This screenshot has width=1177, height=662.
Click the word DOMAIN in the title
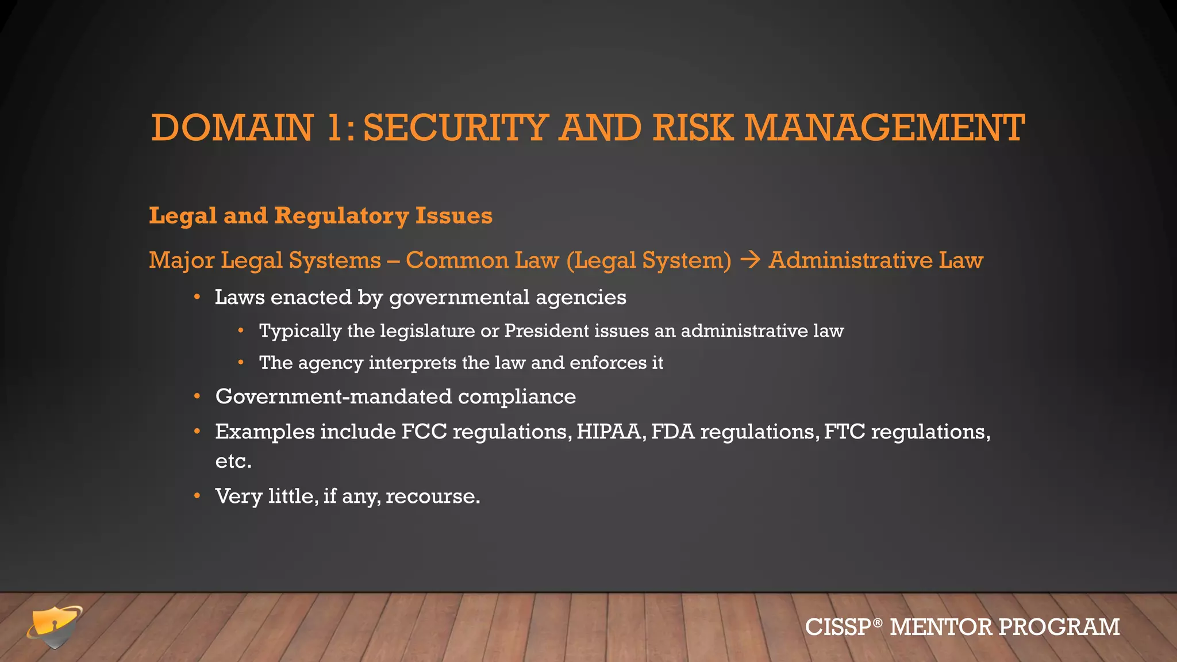pyautogui.click(x=232, y=128)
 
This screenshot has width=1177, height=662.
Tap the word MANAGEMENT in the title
pyautogui.click(x=884, y=128)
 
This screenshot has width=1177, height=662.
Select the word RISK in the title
pyautogui.click(x=693, y=128)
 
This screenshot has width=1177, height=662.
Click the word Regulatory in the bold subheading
pyautogui.click(x=341, y=216)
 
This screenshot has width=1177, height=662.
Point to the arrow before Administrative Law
pyautogui.click(x=750, y=260)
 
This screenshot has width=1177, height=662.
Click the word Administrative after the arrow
pyautogui.click(x=851, y=260)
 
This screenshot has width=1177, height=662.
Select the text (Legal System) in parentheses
pyautogui.click(x=649, y=260)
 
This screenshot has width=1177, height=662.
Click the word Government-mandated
pyautogui.click(x=333, y=397)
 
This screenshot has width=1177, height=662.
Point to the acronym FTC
pyautogui.click(x=844, y=432)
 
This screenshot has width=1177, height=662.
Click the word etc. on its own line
pyautogui.click(x=233, y=461)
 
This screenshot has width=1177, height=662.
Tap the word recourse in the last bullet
pyautogui.click(x=432, y=496)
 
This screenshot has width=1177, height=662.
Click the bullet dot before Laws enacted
pyautogui.click(x=197, y=297)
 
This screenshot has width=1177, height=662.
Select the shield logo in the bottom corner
pyautogui.click(x=55, y=627)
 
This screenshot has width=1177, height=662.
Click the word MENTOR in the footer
pyautogui.click(x=941, y=627)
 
